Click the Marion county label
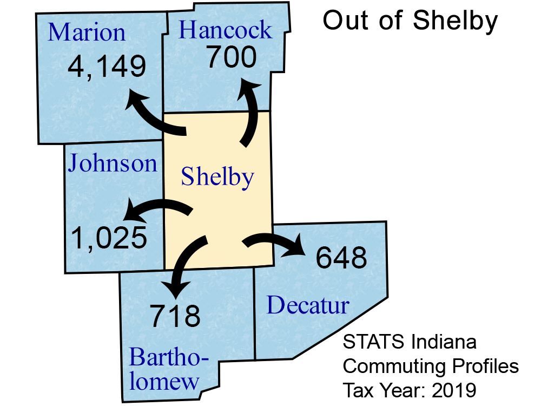[87, 32]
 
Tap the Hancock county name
[225, 30]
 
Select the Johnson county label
[112, 163]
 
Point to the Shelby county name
[217, 176]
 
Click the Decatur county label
[308, 306]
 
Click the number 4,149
[107, 67]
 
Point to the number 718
[175, 316]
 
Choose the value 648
[341, 259]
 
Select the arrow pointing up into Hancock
[250, 114]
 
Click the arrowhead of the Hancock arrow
[249, 88]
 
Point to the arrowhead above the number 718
[176, 289]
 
